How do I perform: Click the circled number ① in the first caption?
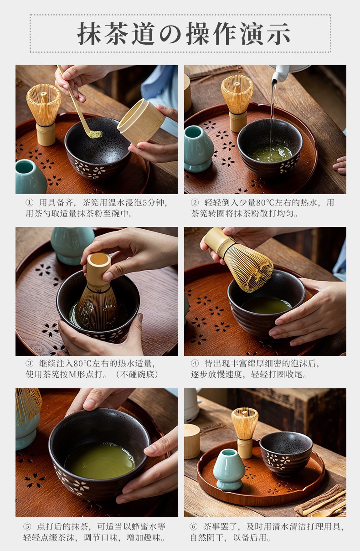click(x=29, y=203)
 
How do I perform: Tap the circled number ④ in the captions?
click(x=195, y=363)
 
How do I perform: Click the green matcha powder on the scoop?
click(x=95, y=134)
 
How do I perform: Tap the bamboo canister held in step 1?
click(x=141, y=121)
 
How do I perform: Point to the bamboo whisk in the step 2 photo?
click(x=237, y=103)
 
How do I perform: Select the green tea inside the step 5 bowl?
click(x=100, y=457)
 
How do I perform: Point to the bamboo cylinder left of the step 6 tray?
click(x=192, y=441)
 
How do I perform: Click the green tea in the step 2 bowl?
click(x=271, y=153)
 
